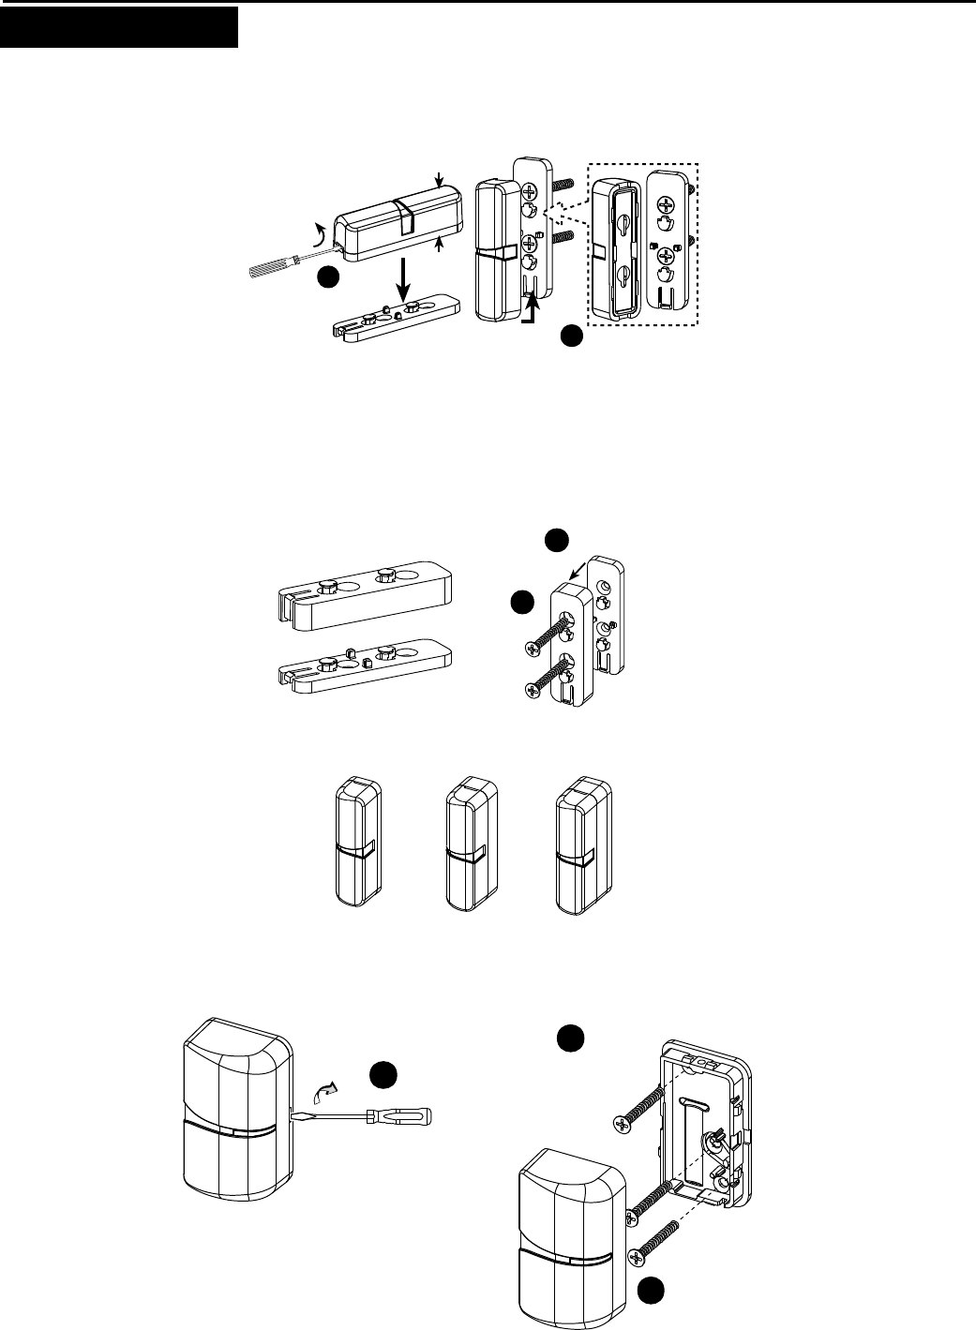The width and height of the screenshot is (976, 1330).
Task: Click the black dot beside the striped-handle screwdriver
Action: (x=326, y=278)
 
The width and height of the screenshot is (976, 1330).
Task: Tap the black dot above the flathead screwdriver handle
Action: (x=382, y=1075)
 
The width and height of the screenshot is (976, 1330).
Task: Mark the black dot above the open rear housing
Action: (x=570, y=1039)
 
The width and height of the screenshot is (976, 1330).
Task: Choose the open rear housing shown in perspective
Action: (x=706, y=1125)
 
